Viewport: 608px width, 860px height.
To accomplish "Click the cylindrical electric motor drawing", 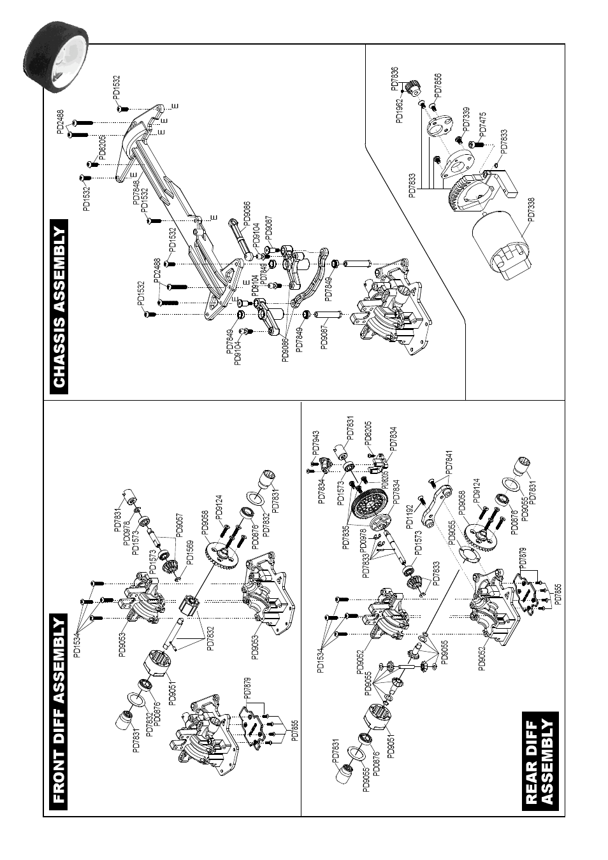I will [501, 245].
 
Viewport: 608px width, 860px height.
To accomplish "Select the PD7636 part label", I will [394, 79].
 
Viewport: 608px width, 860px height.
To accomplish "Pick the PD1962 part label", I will [400, 111].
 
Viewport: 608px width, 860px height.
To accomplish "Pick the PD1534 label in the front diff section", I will [76, 643].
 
